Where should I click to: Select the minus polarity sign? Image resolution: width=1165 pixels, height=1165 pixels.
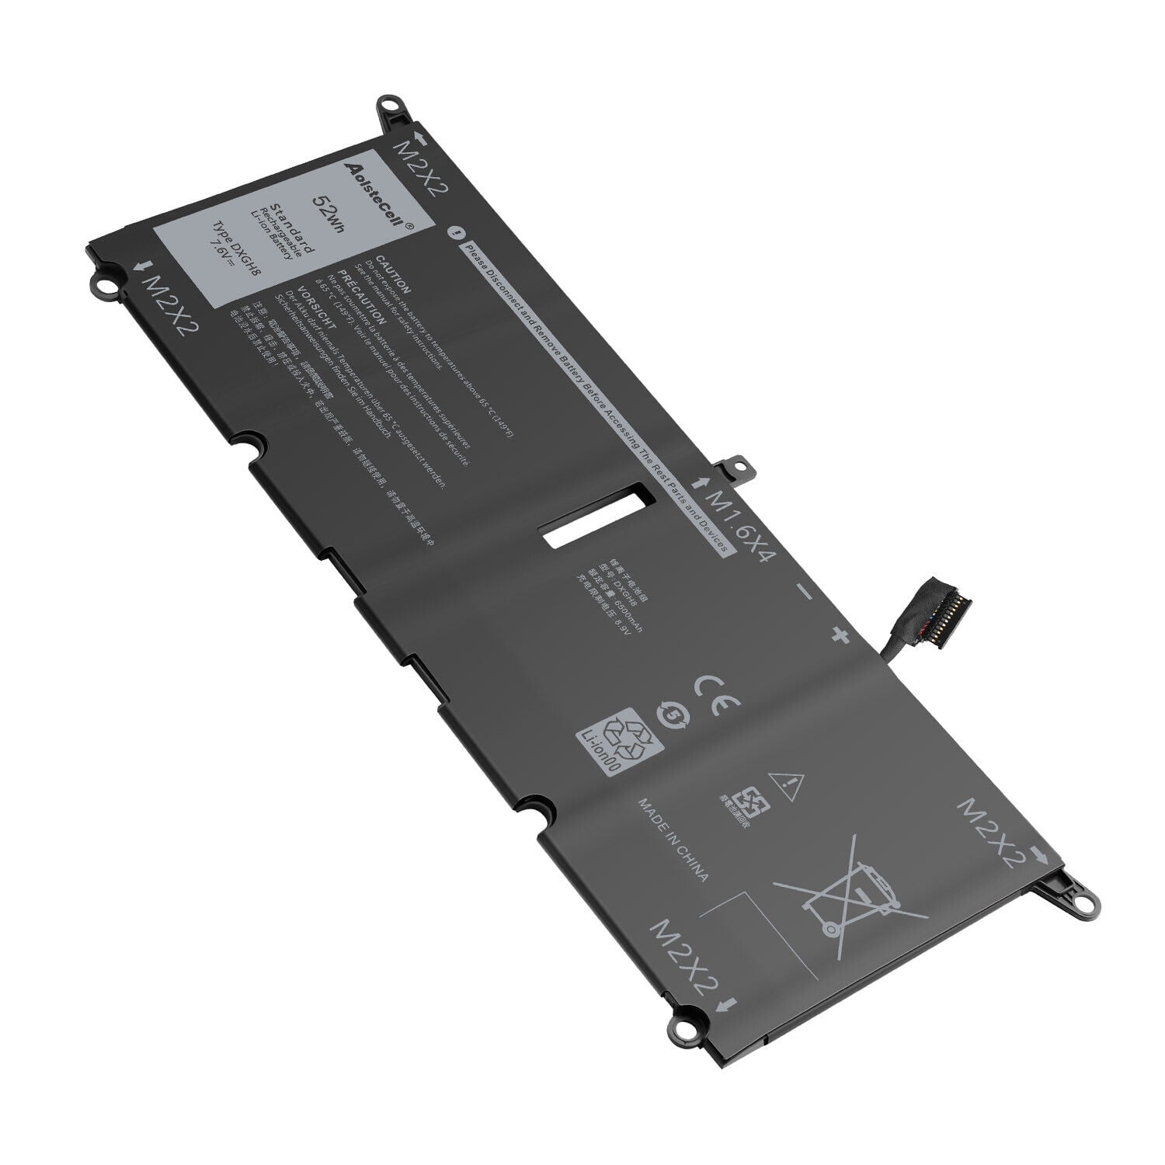click(805, 593)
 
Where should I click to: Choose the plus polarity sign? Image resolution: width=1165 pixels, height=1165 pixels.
click(839, 635)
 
